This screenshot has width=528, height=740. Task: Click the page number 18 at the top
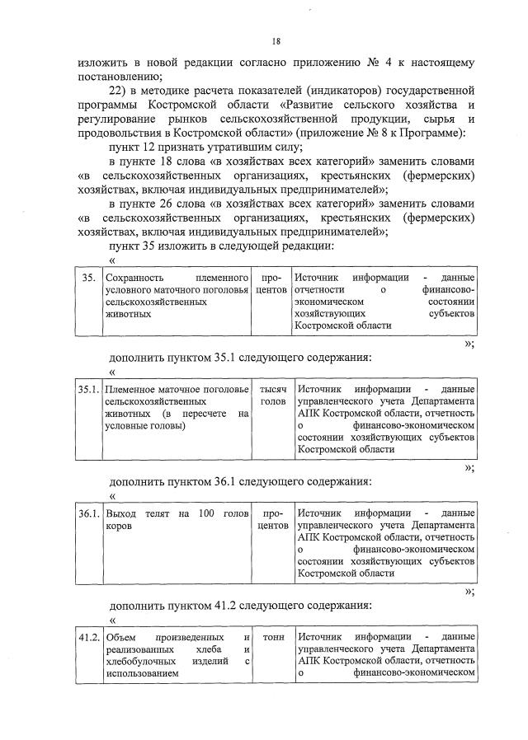pos(276,42)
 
